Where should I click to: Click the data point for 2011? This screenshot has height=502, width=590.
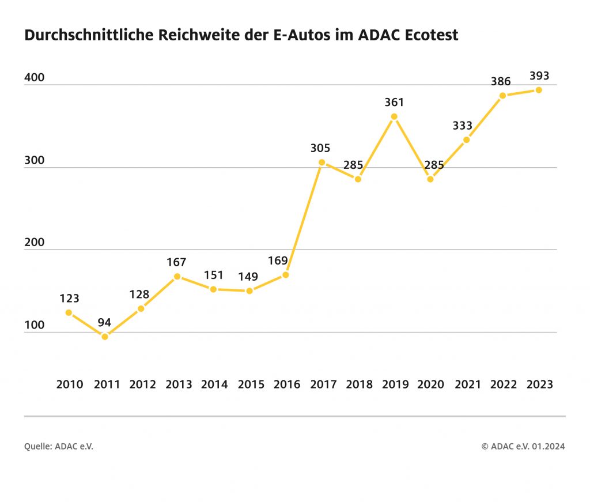coord(105,337)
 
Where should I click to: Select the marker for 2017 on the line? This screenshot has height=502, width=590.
coord(322,162)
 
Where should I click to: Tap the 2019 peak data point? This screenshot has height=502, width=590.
coord(394,116)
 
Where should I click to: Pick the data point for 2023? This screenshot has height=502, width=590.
coord(539,89)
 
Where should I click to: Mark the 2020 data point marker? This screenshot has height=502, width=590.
coord(430,179)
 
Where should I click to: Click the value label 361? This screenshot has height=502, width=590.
coord(394,103)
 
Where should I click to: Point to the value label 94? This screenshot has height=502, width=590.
coord(104,322)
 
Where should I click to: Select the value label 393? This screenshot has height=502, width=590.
coord(539,76)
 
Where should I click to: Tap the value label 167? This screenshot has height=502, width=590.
coord(176,262)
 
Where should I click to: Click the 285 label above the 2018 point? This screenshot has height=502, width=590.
coord(354,165)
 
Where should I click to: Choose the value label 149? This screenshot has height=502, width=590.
coord(249,277)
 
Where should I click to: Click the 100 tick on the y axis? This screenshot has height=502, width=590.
coord(34,325)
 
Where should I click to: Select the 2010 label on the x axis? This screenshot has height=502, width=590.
coord(70,384)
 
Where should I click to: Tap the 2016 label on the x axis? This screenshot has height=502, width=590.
coord(286,384)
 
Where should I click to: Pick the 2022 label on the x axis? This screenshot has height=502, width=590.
coord(503,384)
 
